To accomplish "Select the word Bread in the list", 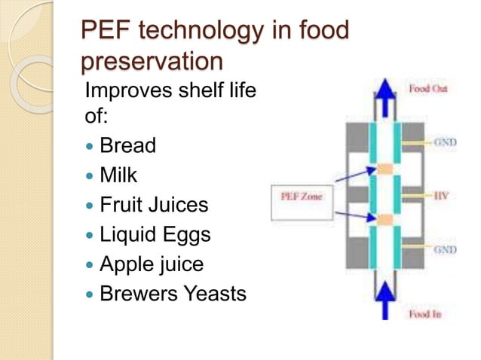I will tap(127, 145).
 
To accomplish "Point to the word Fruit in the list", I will tap(123, 204).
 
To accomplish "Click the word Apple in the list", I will tap(127, 264).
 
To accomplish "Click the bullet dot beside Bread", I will tap(90, 145).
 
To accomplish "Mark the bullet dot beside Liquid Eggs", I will tap(90, 235).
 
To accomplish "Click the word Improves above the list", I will tap(131, 93).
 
